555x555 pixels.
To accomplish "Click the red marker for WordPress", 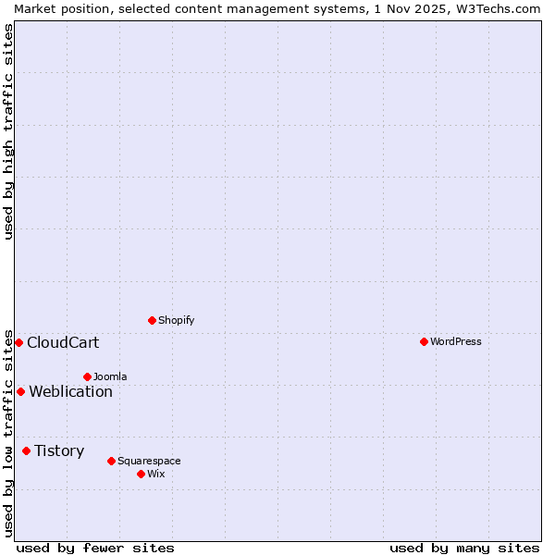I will tap(424, 341).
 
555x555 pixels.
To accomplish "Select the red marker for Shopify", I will tap(152, 320).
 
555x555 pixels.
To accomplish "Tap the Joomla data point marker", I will tap(87, 376).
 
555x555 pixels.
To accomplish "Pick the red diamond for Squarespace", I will tap(111, 461).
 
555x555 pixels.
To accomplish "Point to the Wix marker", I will tap(141, 474).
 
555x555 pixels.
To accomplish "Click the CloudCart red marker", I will tap(18, 342).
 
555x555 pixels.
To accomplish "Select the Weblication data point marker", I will tap(20, 391).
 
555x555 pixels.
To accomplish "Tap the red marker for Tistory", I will tap(26, 450).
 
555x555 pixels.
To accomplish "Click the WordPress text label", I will tap(456, 341).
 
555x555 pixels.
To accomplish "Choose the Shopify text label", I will tap(176, 320).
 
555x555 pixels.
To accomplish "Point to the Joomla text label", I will tap(110, 376).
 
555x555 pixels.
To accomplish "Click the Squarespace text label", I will tap(149, 461).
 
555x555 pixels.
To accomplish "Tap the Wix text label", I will tap(155, 474).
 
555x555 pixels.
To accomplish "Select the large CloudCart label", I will tap(63, 342).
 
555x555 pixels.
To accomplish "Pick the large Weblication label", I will tap(70, 391).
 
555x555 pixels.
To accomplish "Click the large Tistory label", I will tap(59, 450).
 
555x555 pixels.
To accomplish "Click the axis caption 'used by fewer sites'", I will tap(95, 548).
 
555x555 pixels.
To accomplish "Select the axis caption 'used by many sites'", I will tap(464, 548).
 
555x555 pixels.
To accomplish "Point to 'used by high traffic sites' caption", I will tap(8, 131).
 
